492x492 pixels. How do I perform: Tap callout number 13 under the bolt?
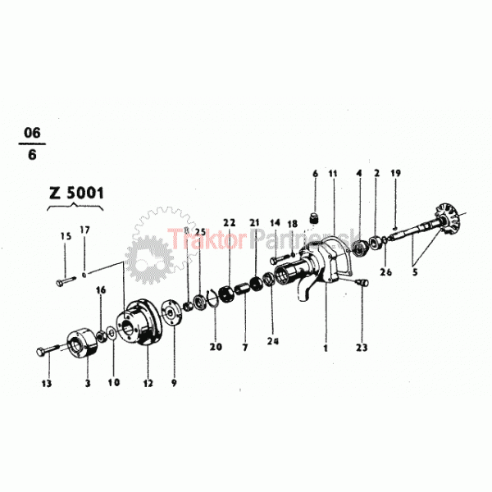[x=47, y=383]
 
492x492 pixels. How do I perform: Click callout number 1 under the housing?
[x=326, y=348]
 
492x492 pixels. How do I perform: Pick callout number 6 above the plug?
[x=314, y=173]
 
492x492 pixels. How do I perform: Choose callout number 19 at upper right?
[x=395, y=173]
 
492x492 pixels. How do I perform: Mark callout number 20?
[x=216, y=347]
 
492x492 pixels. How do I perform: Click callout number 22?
[x=229, y=222]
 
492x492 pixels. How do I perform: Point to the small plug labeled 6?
[x=313, y=217]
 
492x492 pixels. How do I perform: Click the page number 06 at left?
[x=32, y=132]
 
